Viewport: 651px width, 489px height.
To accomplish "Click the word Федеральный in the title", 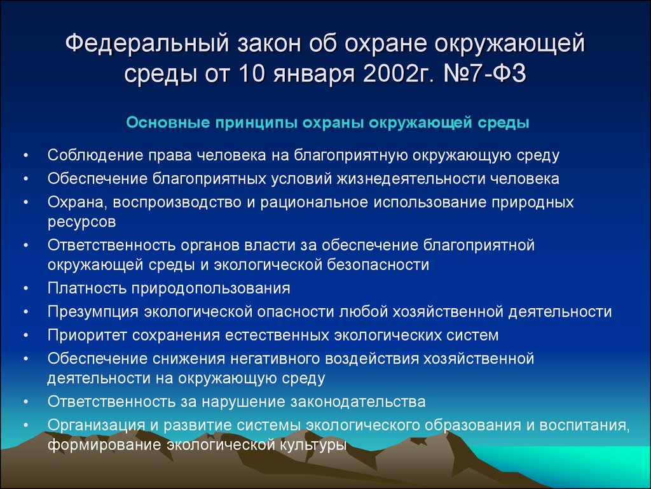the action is pos(147,45).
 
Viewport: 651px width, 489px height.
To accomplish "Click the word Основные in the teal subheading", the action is pos(168,123).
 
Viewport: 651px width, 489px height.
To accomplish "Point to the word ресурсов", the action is pos(81,222).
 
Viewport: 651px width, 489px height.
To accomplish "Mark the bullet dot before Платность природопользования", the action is pos(26,288).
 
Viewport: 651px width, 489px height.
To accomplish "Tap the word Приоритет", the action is pos(86,336).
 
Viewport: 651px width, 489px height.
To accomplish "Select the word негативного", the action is pos(274,359).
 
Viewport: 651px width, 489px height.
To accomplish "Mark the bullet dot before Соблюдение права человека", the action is pos(26,155).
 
